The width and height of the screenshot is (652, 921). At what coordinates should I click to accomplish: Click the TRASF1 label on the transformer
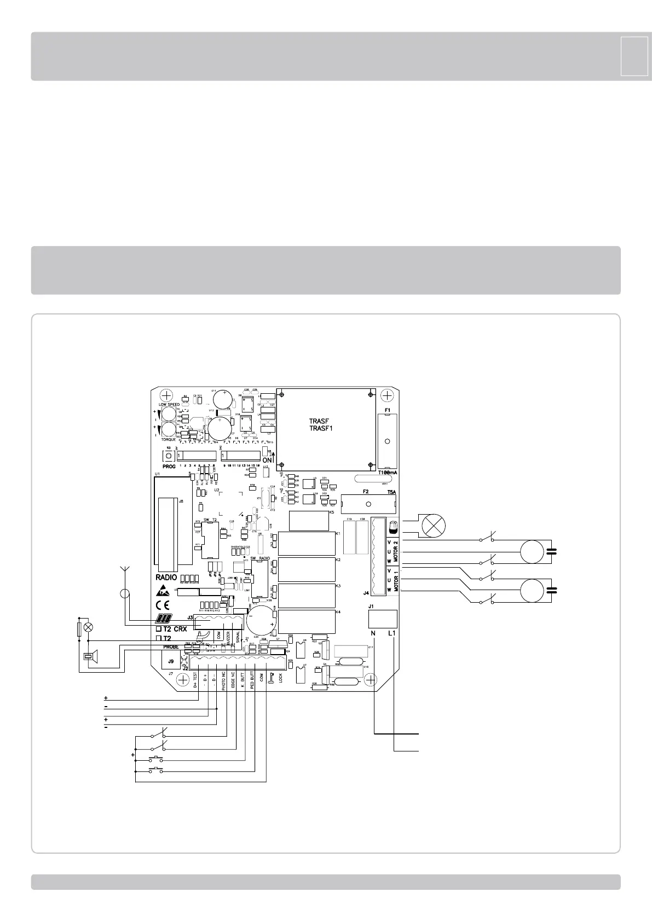[x=321, y=428]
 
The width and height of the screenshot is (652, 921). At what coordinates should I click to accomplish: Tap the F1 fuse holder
[x=387, y=441]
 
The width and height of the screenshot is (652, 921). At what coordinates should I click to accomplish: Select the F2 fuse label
[x=366, y=492]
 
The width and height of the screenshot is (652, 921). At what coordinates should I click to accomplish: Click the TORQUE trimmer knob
[x=169, y=429]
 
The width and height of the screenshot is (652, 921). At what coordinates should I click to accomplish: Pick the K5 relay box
[x=308, y=520]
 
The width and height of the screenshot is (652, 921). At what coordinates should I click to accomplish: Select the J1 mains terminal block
[x=383, y=619]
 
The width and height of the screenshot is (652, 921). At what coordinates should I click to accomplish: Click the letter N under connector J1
[x=374, y=633]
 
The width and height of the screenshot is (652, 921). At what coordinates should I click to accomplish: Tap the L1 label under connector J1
[x=391, y=633]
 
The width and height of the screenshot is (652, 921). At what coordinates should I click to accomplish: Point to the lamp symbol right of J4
[x=432, y=526]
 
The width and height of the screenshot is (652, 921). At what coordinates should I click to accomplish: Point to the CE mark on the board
[x=163, y=605]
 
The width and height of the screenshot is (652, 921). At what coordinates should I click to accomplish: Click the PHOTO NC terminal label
[x=224, y=681]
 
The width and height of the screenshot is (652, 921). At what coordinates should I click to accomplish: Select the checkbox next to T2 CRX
[x=159, y=629]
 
